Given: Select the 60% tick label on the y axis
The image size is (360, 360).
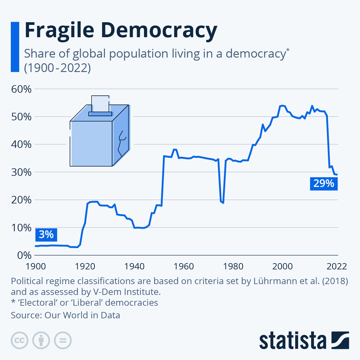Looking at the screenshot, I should [x=21, y=89].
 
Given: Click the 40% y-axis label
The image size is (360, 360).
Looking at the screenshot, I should [x=21, y=144].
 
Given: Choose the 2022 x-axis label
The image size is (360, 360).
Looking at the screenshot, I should [x=336, y=266].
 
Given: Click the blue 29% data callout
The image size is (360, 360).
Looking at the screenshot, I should [x=324, y=183].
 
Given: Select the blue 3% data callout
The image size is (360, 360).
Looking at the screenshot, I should [x=46, y=234].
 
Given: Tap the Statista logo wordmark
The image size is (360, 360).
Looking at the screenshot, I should [x=292, y=340].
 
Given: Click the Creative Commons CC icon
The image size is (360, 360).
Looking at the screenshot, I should [x=19, y=340].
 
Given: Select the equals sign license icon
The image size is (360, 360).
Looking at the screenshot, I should [x=63, y=340].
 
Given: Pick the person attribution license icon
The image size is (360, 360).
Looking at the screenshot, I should [x=41, y=340].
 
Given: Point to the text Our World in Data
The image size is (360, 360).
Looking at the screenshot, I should [x=82, y=315].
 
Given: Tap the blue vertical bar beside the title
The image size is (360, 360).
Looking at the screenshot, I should [x=15, y=47].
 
